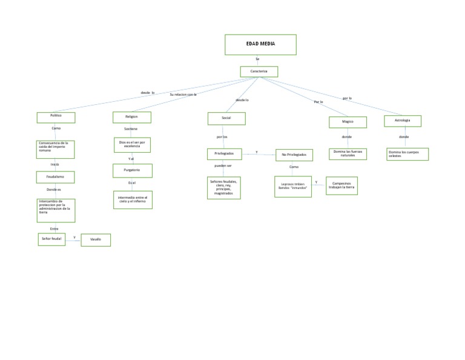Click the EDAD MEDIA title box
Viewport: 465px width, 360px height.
coord(260,45)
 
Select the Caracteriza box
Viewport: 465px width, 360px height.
coord(259,72)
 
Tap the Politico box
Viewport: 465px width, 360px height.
coord(56,117)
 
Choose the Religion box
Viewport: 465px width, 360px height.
coord(132,117)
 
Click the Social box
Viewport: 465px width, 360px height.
coord(226,118)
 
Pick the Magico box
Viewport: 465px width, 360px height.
coord(348,122)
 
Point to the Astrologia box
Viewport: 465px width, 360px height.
coord(403,121)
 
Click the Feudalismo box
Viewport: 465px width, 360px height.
coord(56,177)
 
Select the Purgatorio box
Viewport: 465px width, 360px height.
coord(133,171)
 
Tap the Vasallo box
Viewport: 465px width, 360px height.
coord(96,240)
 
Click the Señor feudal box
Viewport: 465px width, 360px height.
coord(51,239)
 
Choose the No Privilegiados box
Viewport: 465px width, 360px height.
coord(294,155)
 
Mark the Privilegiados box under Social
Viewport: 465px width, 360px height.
coord(224,153)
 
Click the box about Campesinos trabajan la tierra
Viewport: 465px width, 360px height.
coord(342,185)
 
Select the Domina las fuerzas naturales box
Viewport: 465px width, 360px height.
coord(348,154)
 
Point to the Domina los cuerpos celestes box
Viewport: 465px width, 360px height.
coord(407,154)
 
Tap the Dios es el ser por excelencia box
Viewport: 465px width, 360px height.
coord(132,145)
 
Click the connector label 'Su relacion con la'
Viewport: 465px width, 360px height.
coord(183,95)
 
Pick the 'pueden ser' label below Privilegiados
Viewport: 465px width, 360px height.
coord(223,165)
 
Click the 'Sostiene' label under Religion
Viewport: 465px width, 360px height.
coord(131,128)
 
